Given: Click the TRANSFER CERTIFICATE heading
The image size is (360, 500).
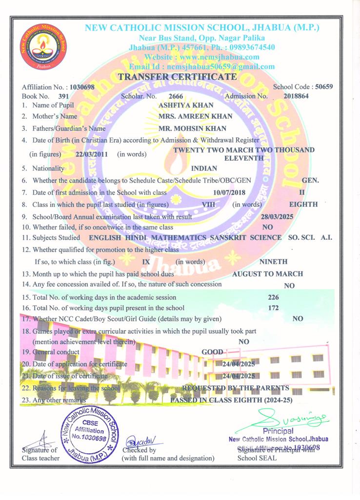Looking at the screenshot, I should click(178, 77).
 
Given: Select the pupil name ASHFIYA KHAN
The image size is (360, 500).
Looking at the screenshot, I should click(180, 105).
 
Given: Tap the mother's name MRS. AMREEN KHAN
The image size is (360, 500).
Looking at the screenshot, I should click(195, 116).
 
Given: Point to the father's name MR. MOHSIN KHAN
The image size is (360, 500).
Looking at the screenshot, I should click(193, 128).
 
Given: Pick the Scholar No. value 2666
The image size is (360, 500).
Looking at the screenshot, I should click(176, 96).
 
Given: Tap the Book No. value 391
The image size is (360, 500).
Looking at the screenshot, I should click(63, 96).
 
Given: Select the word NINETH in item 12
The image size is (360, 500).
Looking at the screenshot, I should click(273, 262).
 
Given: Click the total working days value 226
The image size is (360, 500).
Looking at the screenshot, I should click(274, 297).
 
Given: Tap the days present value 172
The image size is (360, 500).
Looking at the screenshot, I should click(274, 308).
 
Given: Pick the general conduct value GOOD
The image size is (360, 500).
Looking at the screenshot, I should click(212, 352).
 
